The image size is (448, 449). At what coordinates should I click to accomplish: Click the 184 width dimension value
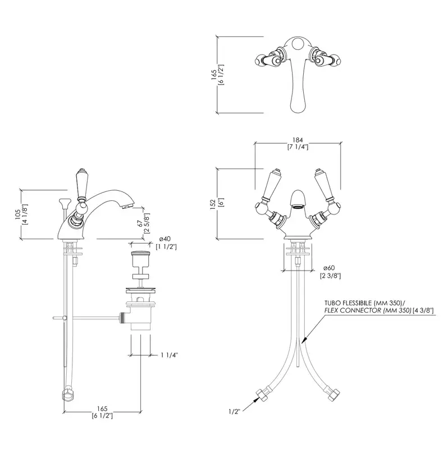tap(298, 140)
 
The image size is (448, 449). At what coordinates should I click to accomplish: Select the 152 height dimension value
tap(213, 204)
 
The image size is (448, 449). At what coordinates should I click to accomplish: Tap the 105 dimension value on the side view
tap(17, 214)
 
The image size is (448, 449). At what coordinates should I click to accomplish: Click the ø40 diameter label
tap(165, 239)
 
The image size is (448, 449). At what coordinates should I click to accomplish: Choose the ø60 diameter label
tap(329, 268)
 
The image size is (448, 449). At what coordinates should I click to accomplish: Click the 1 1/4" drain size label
tap(170, 355)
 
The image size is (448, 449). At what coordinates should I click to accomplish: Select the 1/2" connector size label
tap(234, 411)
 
